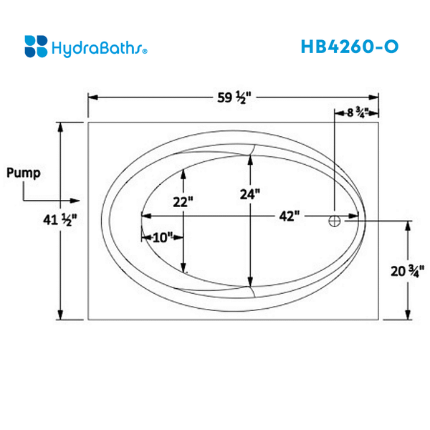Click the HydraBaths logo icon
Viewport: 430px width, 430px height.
[x=36, y=46]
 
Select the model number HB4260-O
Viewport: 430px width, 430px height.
[x=350, y=46]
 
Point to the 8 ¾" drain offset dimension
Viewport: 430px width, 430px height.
[x=356, y=113]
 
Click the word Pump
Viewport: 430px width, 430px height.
[x=24, y=173]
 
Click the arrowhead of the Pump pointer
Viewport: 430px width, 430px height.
[x=75, y=201]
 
